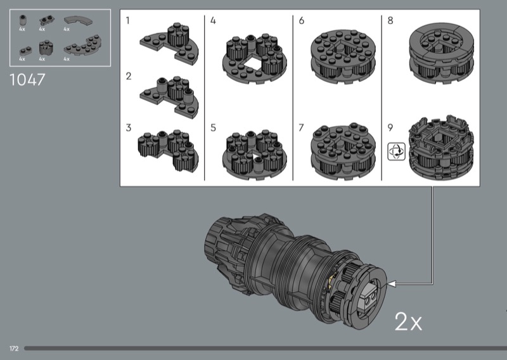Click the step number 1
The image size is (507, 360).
click(128, 21)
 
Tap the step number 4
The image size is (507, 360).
click(213, 21)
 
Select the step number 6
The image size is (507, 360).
click(302, 21)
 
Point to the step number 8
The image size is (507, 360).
click(390, 21)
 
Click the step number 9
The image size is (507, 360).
click(390, 128)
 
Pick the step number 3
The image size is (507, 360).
click(129, 128)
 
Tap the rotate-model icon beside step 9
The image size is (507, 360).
click(397, 151)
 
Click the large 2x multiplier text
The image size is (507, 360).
click(408, 321)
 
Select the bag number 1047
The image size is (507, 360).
click(27, 80)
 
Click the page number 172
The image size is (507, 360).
click(14, 349)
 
